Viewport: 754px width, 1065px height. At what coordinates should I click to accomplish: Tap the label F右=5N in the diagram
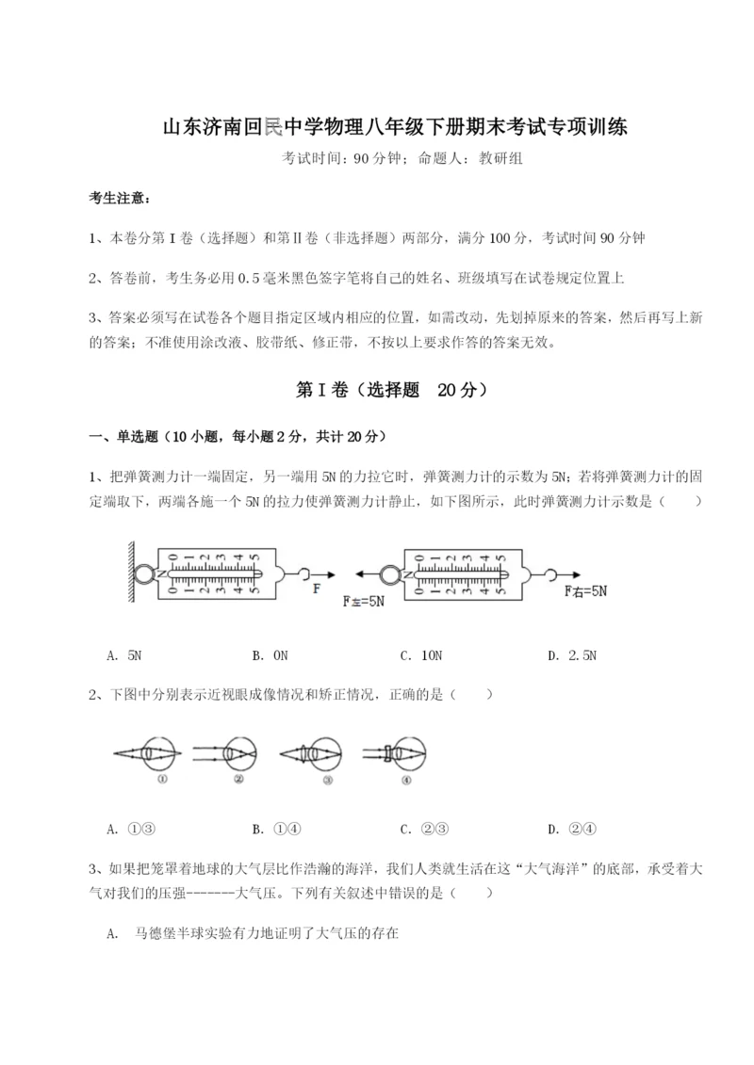[585, 591]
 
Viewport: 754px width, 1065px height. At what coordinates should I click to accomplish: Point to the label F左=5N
[363, 600]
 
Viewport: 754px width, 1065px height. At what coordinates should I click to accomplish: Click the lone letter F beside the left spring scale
[317, 588]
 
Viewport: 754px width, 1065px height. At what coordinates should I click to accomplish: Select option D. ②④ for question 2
[572, 829]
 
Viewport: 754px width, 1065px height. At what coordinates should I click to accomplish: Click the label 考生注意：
[118, 198]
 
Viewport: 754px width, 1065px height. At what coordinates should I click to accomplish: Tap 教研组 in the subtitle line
[500, 158]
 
